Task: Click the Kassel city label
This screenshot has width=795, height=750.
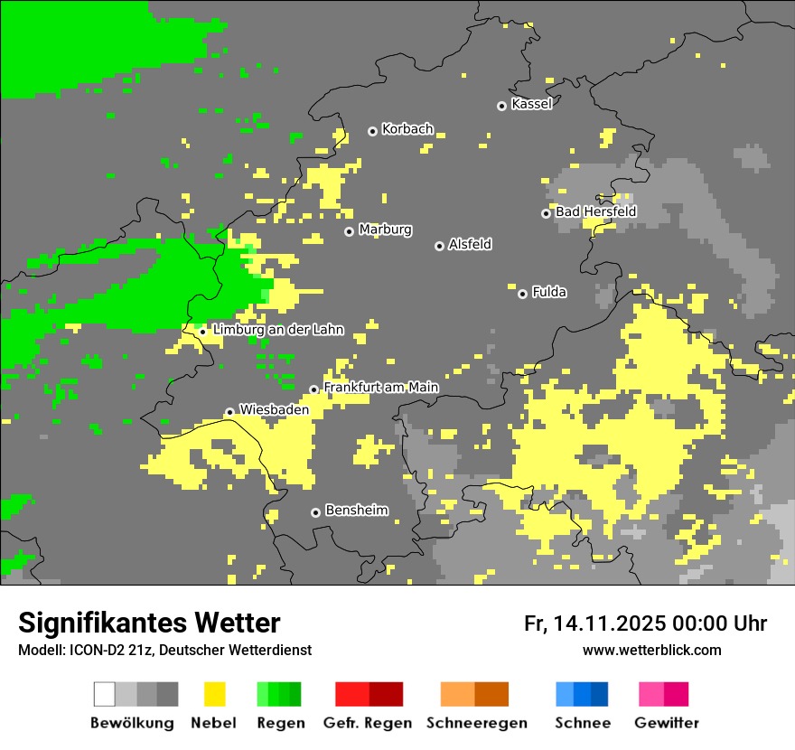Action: click(531, 104)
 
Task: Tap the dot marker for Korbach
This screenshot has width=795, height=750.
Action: click(372, 131)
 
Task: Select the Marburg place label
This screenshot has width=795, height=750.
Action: click(385, 230)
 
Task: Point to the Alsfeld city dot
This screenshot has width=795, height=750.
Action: click(439, 246)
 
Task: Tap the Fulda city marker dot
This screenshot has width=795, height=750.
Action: click(522, 294)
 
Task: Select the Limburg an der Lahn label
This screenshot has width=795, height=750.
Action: click(277, 330)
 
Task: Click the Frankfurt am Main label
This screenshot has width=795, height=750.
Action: click(380, 388)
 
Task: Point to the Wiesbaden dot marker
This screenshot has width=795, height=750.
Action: click(229, 412)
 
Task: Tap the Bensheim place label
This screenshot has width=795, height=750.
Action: click(356, 511)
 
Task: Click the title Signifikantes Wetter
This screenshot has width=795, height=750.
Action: click(149, 623)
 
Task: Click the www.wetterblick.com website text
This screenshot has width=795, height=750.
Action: click(651, 650)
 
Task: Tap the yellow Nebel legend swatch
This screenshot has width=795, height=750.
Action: click(214, 694)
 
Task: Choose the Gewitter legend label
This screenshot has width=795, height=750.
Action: click(667, 723)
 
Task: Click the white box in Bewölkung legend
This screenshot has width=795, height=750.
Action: click(104, 694)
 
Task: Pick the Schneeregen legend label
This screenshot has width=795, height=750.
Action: click(477, 723)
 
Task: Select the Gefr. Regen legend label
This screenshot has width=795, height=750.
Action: click(368, 723)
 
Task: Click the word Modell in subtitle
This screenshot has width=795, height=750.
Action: click(37, 651)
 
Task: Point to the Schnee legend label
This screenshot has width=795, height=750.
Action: click(583, 723)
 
